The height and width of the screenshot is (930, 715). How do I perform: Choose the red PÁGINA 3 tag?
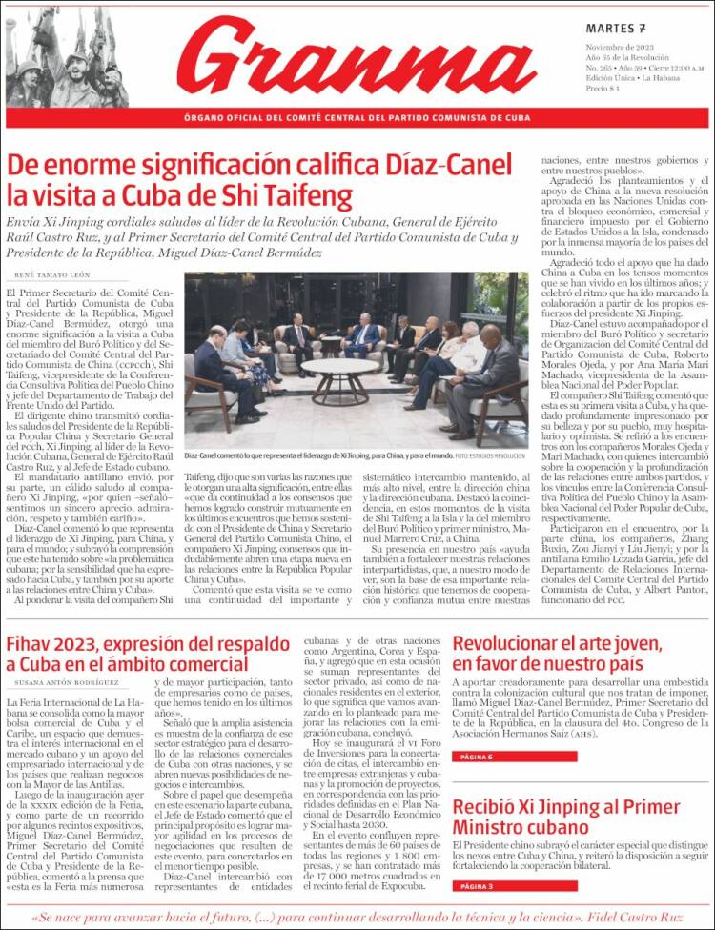coord(475,886)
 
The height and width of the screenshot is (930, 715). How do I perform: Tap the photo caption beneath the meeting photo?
coord(355,455)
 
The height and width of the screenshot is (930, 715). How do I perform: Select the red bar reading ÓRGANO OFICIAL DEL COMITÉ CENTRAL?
coord(357,118)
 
